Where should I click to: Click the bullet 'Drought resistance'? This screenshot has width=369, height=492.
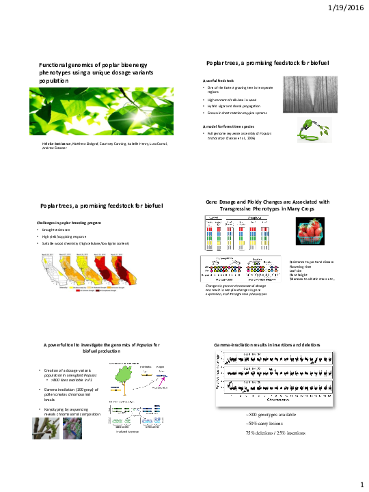(x=56, y=230)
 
